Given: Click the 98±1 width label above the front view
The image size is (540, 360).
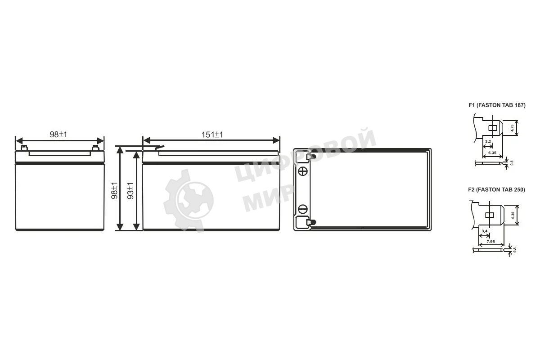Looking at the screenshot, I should point(58,135).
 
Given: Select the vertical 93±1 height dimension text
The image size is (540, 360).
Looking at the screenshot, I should point(130,190).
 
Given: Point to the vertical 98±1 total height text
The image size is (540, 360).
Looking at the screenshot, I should point(114,190).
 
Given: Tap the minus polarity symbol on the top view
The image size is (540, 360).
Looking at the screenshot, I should point(302,209).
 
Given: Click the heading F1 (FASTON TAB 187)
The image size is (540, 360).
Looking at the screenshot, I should point(497,105).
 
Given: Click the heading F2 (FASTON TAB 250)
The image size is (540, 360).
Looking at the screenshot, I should point(497,190).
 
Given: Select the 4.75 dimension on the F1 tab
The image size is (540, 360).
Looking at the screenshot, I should point(512,128).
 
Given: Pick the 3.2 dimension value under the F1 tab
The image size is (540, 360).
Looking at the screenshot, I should point(488,141).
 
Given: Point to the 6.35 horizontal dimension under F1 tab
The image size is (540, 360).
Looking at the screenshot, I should point(492,153).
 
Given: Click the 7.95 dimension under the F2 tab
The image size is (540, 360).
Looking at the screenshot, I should point(490,242).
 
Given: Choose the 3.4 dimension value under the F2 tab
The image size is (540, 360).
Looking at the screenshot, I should point(484,231).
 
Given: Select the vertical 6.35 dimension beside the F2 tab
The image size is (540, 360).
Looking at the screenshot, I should point(513,215).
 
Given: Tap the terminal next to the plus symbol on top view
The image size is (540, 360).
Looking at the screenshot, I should point(310,157).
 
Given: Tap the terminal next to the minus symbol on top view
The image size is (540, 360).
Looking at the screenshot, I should point(310,222).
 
